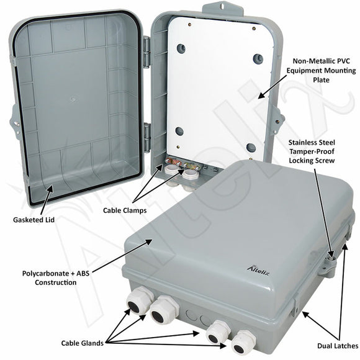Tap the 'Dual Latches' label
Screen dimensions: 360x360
click(336, 345)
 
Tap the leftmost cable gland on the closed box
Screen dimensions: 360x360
click(137, 303)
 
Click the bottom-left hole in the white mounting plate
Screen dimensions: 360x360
click(179, 131)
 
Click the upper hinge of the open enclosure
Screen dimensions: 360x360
click(146, 52)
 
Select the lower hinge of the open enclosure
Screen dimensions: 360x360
click(146, 137)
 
